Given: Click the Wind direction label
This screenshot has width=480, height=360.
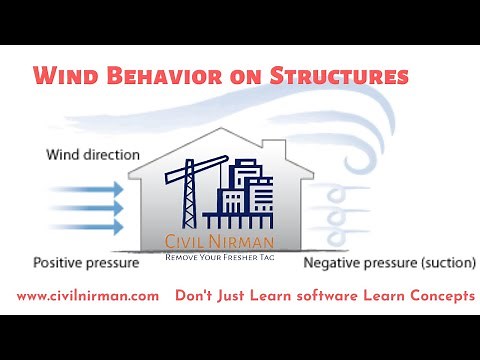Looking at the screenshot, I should click(x=93, y=155).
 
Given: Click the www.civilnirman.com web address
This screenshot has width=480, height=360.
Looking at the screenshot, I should click(x=88, y=296).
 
